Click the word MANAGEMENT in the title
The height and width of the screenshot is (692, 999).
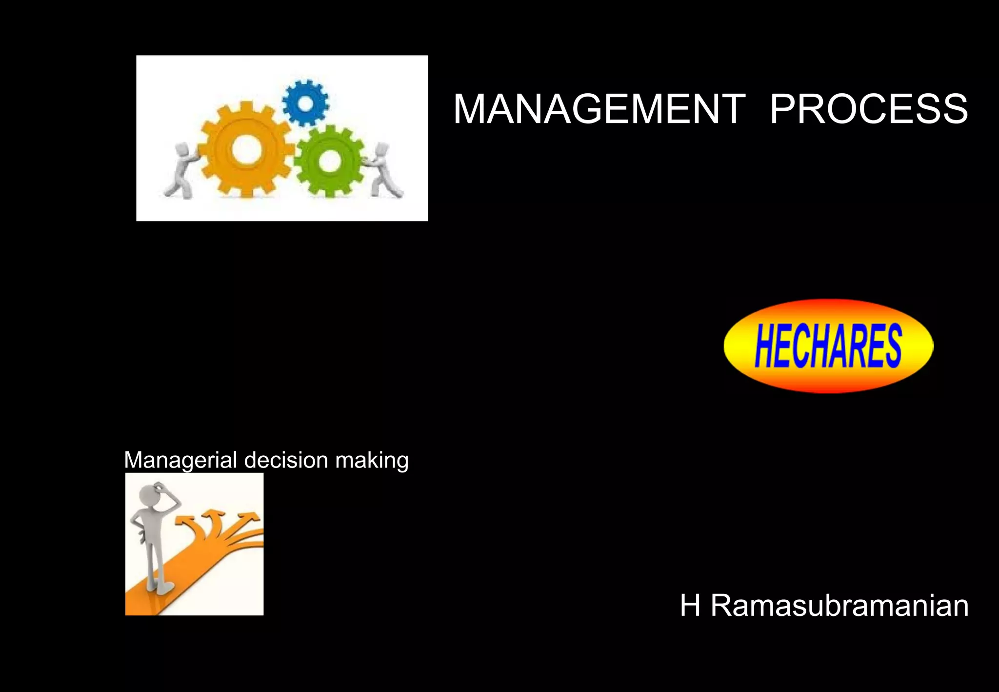[x=599, y=109]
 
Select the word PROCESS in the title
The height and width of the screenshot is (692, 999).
[x=869, y=109]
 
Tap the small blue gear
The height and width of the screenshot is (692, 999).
[x=305, y=103]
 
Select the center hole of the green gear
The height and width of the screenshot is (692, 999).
[x=330, y=161]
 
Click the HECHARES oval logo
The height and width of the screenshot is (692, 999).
[x=828, y=346]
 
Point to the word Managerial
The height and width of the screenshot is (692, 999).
[x=180, y=460]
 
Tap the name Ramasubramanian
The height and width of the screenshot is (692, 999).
[x=839, y=606]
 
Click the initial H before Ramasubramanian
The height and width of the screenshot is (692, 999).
[x=690, y=606]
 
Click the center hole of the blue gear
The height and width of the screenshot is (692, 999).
[x=305, y=103]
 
